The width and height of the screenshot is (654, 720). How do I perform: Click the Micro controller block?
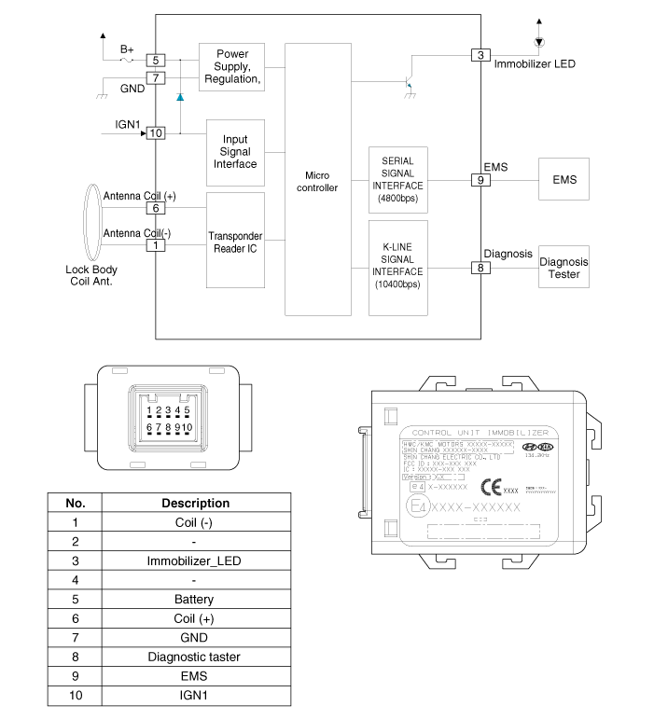click(317, 182)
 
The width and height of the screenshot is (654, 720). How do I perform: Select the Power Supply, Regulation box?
click(232, 66)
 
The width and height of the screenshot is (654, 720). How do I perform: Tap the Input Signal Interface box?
click(235, 152)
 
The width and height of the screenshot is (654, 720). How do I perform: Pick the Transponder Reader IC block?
click(235, 242)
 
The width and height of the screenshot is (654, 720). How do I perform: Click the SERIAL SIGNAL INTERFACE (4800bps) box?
click(398, 180)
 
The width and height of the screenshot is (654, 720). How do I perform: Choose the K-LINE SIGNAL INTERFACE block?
click(398, 268)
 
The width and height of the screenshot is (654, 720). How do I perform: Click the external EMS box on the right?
click(564, 179)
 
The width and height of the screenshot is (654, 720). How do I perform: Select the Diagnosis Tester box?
click(564, 268)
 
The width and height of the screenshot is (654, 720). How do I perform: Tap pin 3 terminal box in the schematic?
click(480, 55)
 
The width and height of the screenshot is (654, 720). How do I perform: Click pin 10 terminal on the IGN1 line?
click(156, 132)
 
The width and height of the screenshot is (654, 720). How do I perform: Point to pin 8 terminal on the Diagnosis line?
click(480, 268)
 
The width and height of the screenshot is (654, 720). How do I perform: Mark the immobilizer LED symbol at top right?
click(538, 43)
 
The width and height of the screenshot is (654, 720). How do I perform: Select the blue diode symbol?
click(180, 96)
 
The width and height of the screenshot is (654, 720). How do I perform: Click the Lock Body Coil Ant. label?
click(90, 276)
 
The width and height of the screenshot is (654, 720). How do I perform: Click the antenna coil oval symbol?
click(91, 224)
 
